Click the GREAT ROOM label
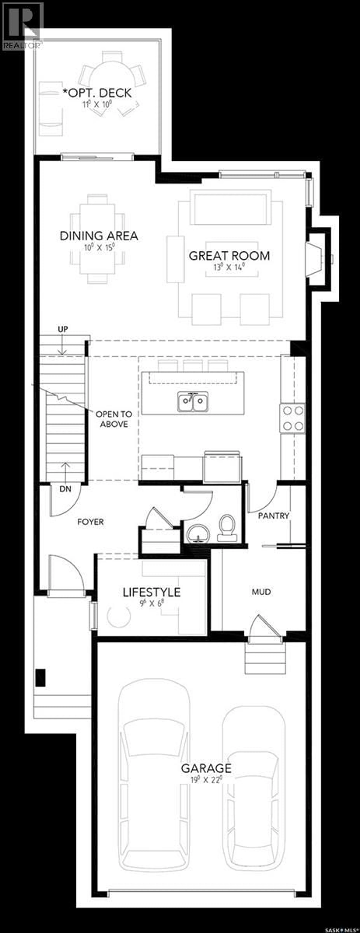tap(229, 256)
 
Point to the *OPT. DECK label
tap(97, 93)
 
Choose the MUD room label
tap(261, 592)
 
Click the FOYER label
tap(91, 522)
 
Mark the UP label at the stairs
tap(63, 329)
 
